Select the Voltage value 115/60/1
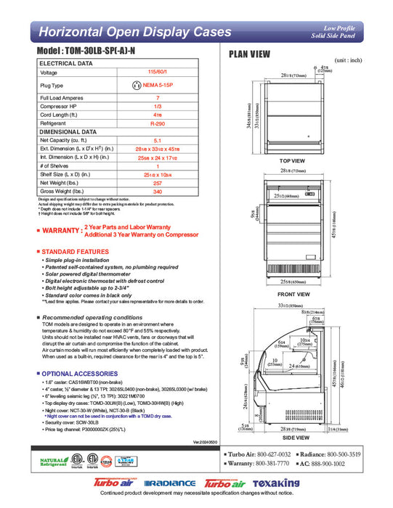pyautogui.click(x=158, y=73)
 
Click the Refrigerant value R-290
pyautogui.click(x=158, y=124)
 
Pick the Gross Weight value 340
pyautogui.click(x=158, y=192)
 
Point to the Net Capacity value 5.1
pyautogui.click(x=158, y=141)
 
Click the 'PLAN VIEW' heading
pyautogui.click(x=251, y=54)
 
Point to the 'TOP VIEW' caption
pyautogui.click(x=292, y=160)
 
